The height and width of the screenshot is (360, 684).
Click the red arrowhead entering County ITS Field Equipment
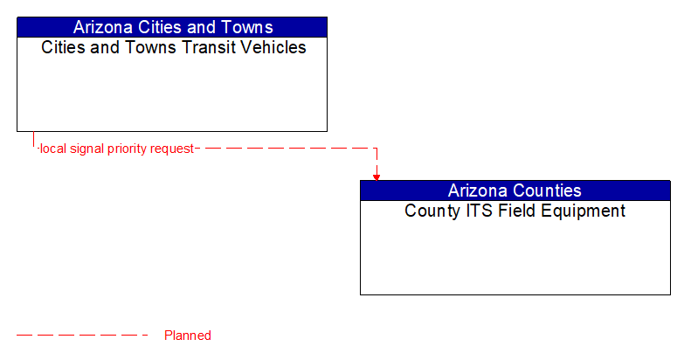coord(377,177)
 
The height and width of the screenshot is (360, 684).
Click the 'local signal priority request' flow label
coord(116,149)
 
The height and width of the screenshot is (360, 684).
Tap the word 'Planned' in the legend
coord(188,336)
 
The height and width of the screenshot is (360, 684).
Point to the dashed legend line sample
coord(83,335)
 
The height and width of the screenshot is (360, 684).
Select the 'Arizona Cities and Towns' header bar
coord(172,27)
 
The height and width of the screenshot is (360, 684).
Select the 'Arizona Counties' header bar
coord(515,190)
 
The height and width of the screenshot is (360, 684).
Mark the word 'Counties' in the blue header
coord(548,190)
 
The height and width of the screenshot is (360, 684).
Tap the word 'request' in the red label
coord(172,149)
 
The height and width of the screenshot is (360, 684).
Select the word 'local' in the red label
coord(52,149)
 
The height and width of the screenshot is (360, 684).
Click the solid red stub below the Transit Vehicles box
coord(33,140)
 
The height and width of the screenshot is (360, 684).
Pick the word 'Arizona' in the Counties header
coord(479,190)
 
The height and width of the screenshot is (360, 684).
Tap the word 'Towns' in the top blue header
coord(247,27)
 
